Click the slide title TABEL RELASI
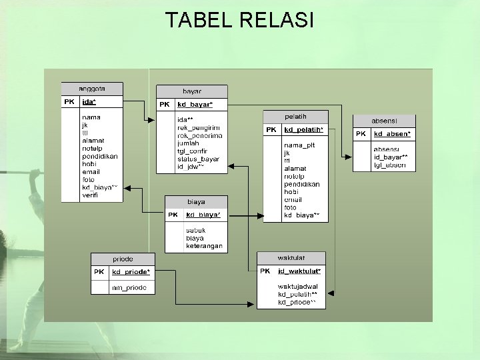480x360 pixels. point(239,20)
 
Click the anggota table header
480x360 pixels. point(92,89)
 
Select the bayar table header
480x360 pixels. point(192,91)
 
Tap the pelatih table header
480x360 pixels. point(295,117)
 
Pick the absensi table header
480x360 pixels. point(384,121)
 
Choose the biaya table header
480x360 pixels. point(196,201)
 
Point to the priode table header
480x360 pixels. point(123,259)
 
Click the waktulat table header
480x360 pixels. point(291,258)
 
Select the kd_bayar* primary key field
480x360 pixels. point(195,105)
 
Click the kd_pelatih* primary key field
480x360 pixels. point(303,129)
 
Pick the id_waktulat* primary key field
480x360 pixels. point(299,271)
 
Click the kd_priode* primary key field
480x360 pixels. point(131,272)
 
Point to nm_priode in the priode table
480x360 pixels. point(129,288)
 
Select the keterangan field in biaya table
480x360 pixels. point(204,246)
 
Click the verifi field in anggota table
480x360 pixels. point(90,196)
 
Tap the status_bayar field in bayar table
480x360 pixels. point(198,159)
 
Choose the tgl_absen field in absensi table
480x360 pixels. point(390,165)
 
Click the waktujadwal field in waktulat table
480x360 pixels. point(298,287)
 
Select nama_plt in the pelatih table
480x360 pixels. point(299,145)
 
